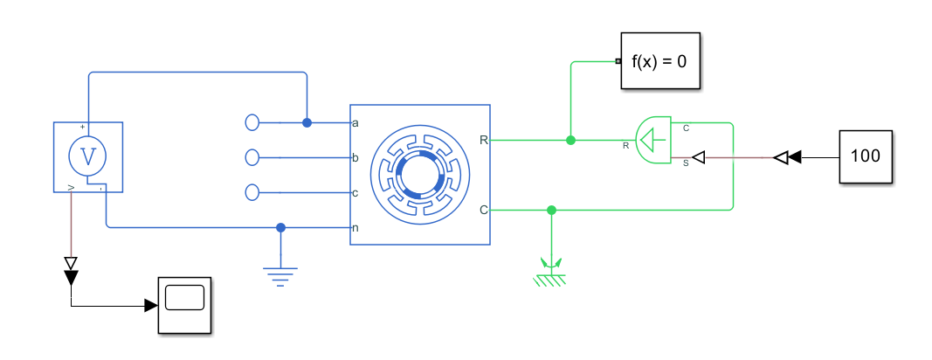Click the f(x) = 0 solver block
660,61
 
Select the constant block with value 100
866,157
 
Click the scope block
184,304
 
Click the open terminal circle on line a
253,122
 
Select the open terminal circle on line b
253,157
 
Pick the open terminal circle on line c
253,192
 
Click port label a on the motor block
356,123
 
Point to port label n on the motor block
356,228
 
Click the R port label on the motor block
484,140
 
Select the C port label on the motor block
484,210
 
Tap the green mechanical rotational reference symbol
550,273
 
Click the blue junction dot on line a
307,122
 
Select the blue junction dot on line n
280,227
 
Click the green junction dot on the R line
570,140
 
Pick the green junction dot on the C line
550,210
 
